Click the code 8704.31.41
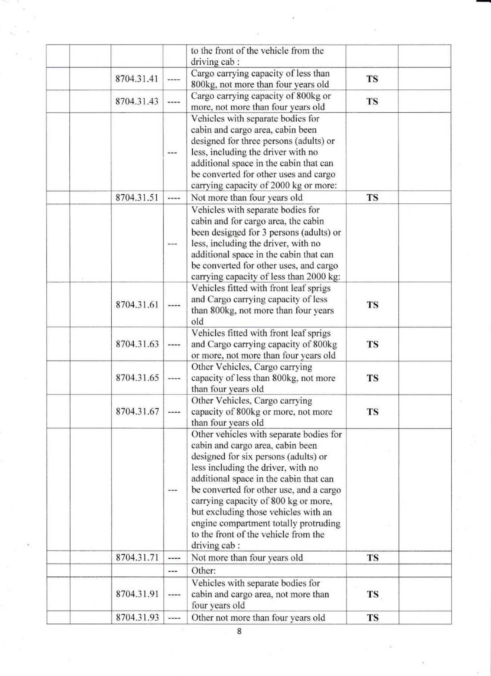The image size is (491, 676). click(137, 79)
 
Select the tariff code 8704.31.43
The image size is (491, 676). click(137, 102)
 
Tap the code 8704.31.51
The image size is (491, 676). click(137, 198)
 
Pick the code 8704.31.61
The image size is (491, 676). click(137, 305)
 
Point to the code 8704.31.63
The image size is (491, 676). click(137, 344)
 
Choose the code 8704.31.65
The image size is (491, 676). click(137, 378)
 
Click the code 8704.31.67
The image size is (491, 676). click(137, 411)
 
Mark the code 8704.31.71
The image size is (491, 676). click(137, 557)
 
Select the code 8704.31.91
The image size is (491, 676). click(137, 594)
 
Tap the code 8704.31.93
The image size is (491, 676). click(137, 617)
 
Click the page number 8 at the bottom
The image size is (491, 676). click(239, 631)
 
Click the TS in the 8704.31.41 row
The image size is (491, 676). click(372, 79)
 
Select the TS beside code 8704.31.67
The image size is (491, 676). click(372, 412)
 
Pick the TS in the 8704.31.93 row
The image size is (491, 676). click(372, 618)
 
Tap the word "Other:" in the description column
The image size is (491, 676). click(203, 570)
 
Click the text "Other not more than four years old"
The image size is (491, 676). click(258, 617)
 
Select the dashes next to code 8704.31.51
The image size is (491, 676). click(174, 198)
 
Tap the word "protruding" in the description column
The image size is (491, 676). click(320, 523)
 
